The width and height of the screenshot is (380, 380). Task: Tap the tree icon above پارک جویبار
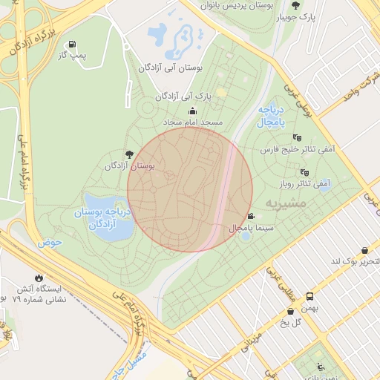coord(296,5)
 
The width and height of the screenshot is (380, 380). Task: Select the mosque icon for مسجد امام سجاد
coord(193,111)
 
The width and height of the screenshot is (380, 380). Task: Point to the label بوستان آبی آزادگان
coord(171,68)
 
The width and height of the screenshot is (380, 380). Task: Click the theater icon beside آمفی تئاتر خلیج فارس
coord(298,137)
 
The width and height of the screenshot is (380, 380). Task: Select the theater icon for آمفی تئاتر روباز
coord(304,171)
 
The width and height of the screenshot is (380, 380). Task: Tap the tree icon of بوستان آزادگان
coord(131,154)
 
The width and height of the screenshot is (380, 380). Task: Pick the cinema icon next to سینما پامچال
coord(252,217)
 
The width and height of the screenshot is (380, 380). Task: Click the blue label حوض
coord(50,243)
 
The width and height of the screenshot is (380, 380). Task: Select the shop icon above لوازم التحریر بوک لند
coord(364,251)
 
